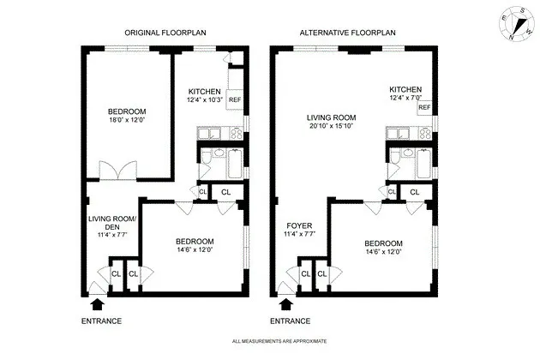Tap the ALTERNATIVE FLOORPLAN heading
click(347, 33)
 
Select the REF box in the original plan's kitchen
click(234, 99)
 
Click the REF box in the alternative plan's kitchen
click(423, 107)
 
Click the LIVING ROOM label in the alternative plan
click(331, 117)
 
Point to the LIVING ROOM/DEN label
click(108, 222)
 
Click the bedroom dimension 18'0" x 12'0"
click(126, 121)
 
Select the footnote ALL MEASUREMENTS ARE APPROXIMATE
click(279, 342)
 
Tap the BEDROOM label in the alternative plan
click(382, 243)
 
